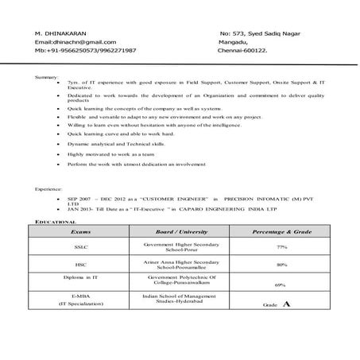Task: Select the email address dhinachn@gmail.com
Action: [x=75, y=41]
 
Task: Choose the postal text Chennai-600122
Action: [x=248, y=50]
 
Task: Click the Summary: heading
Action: [x=46, y=76]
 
